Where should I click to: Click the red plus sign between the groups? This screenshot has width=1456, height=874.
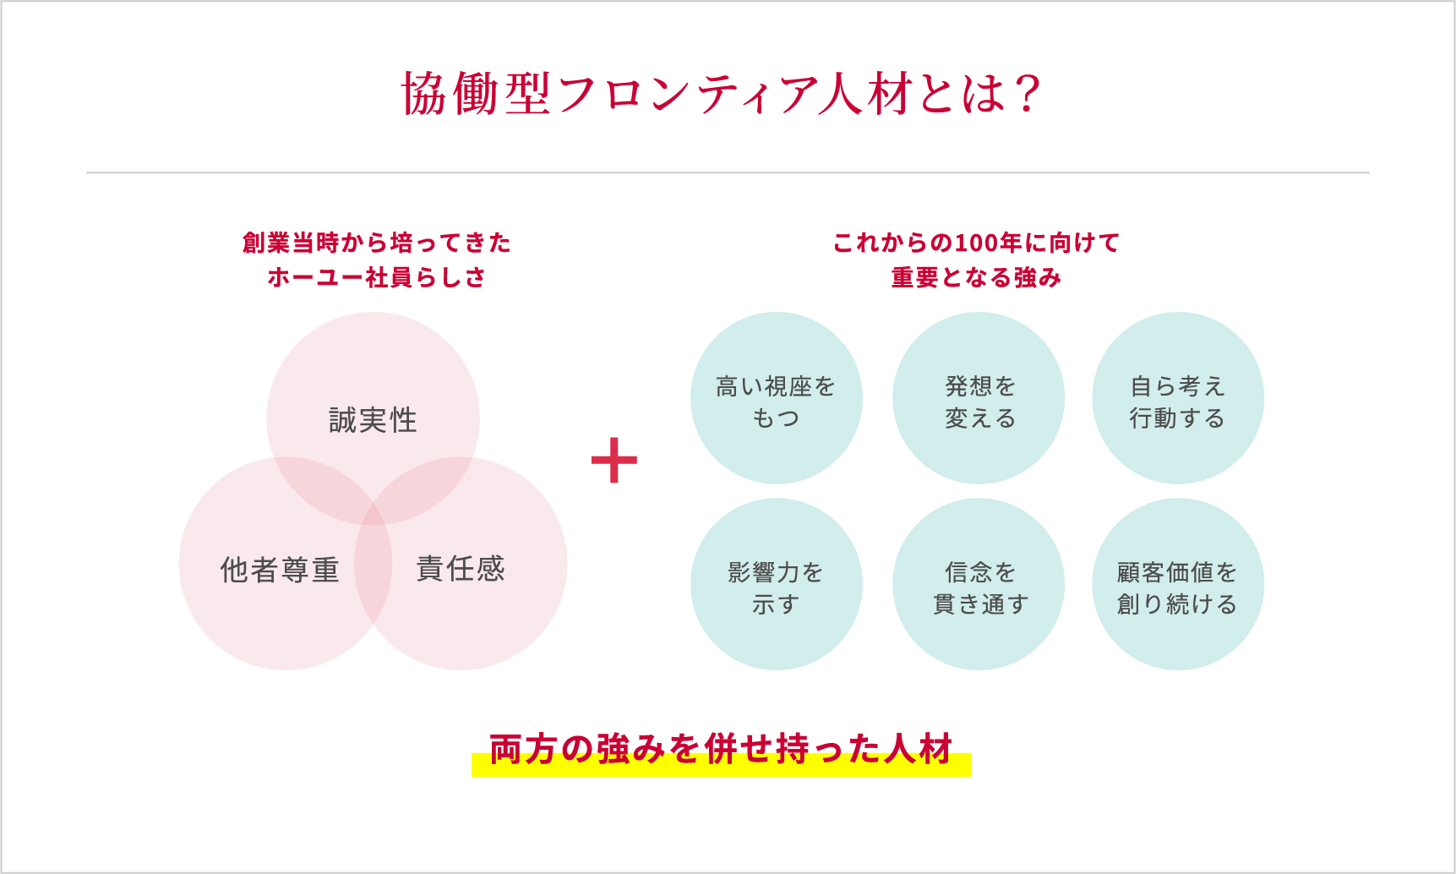pos(613,461)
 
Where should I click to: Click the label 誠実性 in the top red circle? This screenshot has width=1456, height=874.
pos(373,420)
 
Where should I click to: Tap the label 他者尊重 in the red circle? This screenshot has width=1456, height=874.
pos(280,571)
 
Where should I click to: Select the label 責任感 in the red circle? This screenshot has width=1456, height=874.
pos(461,568)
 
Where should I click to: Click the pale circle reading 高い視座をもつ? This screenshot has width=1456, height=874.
pos(776,398)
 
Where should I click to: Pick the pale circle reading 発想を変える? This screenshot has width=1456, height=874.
pos(979,398)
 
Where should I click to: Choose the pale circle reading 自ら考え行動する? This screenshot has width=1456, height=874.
pos(1178,398)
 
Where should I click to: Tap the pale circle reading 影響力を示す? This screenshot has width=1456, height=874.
pos(776,584)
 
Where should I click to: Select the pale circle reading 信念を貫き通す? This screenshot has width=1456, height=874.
pos(979,584)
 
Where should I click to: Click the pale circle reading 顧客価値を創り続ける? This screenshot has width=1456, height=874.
pos(1178,584)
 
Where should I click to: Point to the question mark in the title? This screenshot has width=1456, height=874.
pos(1028,94)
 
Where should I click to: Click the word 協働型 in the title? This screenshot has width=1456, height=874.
pos(477,94)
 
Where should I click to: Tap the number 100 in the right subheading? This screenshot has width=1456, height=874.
pos(976,243)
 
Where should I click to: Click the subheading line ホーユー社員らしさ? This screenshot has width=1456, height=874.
pos(377,277)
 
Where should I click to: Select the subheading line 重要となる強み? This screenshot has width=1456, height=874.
pos(976,277)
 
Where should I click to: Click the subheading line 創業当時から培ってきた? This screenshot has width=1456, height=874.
pos(377,243)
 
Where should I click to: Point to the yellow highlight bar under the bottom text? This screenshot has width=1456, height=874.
pos(721,769)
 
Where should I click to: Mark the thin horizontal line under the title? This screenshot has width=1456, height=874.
pos(728,172)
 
